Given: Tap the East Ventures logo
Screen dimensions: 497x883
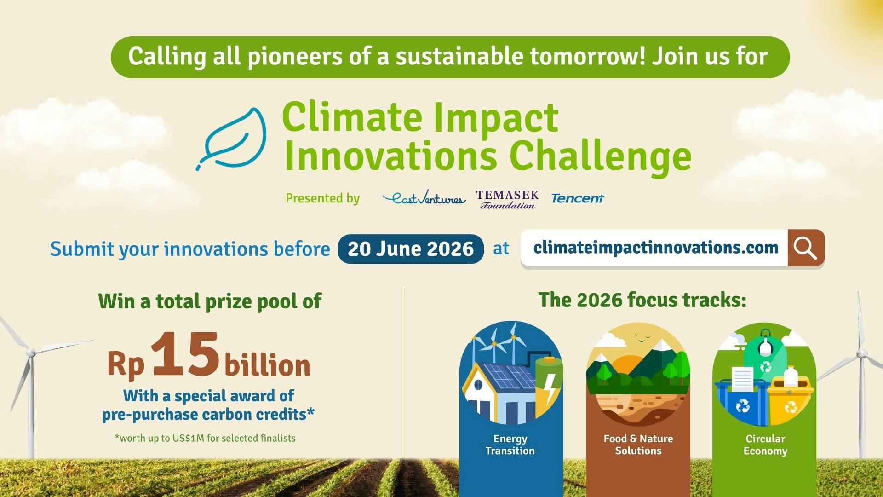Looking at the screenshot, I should click(424, 198).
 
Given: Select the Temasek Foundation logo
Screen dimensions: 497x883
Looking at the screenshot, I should click(507, 199).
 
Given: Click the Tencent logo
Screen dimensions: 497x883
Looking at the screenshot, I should click(577, 198).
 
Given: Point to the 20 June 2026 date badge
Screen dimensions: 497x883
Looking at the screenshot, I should click(410, 249).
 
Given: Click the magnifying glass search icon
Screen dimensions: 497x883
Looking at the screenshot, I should click(805, 248).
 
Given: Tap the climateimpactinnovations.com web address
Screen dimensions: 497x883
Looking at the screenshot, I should click(655, 248).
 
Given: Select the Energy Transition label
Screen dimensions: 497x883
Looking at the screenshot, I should click(510, 445).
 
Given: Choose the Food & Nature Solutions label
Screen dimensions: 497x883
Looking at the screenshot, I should click(638, 445).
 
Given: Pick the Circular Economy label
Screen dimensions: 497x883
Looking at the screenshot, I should click(765, 445).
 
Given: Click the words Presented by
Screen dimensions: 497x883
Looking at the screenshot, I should click(322, 198).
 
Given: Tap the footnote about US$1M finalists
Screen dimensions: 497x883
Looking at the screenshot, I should click(205, 438).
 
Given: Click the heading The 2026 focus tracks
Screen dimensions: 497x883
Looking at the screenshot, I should click(642, 300).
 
